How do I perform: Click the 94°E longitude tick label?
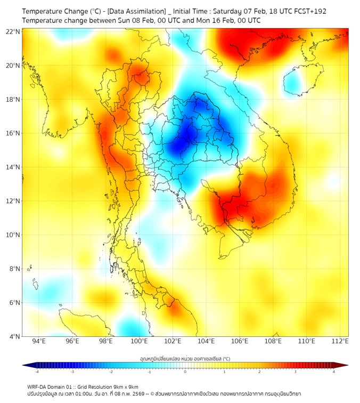(x=39, y=342)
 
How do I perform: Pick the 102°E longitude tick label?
(x=173, y=342)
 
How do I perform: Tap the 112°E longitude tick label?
(x=340, y=342)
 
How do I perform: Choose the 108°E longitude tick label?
(x=273, y=342)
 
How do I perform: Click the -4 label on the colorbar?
(x=36, y=372)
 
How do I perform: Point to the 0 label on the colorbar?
(x=185, y=372)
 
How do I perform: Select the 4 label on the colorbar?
(x=334, y=372)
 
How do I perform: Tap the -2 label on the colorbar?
(x=110, y=372)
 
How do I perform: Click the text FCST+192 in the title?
(x=308, y=11)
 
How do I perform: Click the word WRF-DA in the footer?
(x=37, y=387)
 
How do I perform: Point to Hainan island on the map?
(x=294, y=83)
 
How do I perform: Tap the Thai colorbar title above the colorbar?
(x=185, y=359)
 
